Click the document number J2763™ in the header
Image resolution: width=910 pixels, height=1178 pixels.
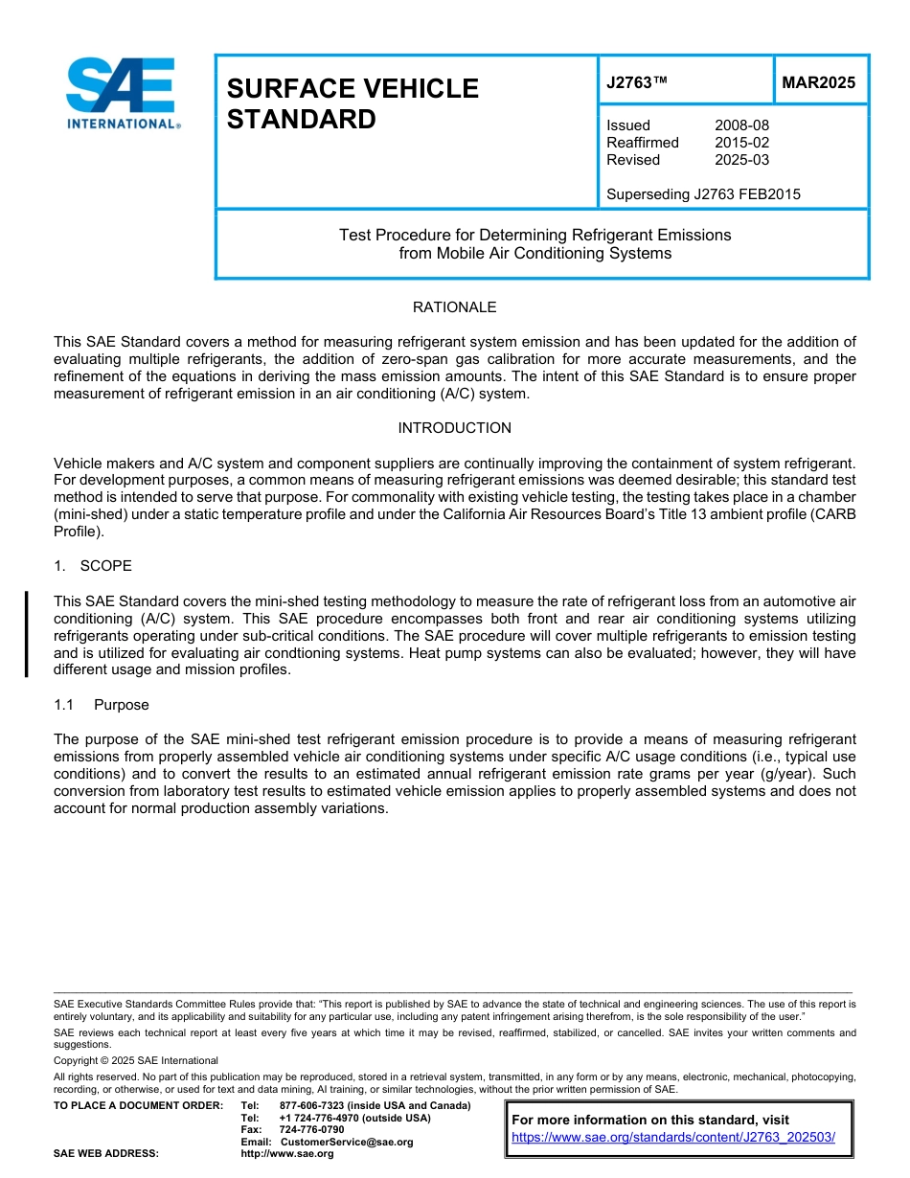tap(636, 82)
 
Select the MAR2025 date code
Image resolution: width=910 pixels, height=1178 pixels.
tap(818, 82)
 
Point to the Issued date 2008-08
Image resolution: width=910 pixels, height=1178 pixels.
tap(741, 125)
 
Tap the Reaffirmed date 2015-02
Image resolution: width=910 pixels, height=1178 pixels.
tap(741, 143)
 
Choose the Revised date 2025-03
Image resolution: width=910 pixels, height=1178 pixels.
tap(741, 160)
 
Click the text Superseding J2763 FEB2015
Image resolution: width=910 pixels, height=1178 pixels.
tap(703, 194)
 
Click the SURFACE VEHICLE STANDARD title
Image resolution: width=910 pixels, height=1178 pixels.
tap(352, 103)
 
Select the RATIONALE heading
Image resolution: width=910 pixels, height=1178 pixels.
tap(454, 307)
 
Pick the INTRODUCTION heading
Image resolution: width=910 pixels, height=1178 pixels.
tap(454, 428)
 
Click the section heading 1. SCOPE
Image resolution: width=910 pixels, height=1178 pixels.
tap(93, 566)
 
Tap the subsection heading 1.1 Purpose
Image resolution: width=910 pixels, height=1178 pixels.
tap(102, 705)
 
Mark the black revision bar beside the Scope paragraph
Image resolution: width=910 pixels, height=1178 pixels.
tap(27, 634)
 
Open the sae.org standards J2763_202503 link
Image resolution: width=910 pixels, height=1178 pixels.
tap(673, 1138)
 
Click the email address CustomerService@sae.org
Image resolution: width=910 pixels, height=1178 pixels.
tap(346, 1142)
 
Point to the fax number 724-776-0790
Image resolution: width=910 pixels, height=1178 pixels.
tap(311, 1130)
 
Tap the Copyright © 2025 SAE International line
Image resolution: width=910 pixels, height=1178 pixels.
tap(136, 1060)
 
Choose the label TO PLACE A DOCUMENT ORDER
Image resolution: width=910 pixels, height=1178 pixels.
tap(138, 1105)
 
